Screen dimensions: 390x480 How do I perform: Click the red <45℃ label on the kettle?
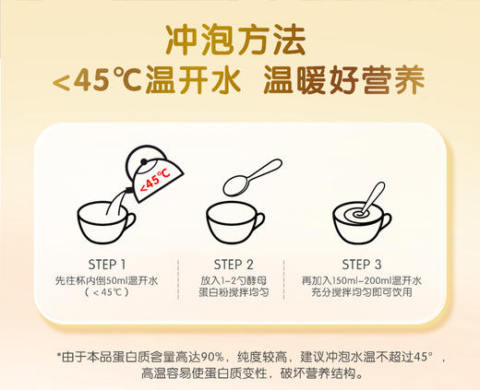tap(152, 182)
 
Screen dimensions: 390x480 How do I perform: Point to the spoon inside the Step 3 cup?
tap(374, 197)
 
